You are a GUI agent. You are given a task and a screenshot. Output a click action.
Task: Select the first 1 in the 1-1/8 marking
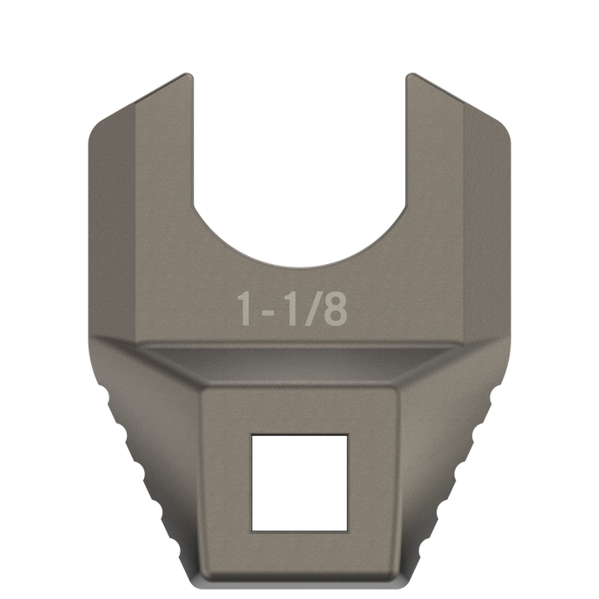(247, 309)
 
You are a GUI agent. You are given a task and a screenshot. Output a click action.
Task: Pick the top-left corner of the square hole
(253, 438)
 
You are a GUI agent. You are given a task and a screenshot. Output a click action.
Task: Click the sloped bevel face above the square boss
(299, 365)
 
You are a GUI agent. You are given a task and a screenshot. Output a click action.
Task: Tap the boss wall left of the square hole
(226, 482)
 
